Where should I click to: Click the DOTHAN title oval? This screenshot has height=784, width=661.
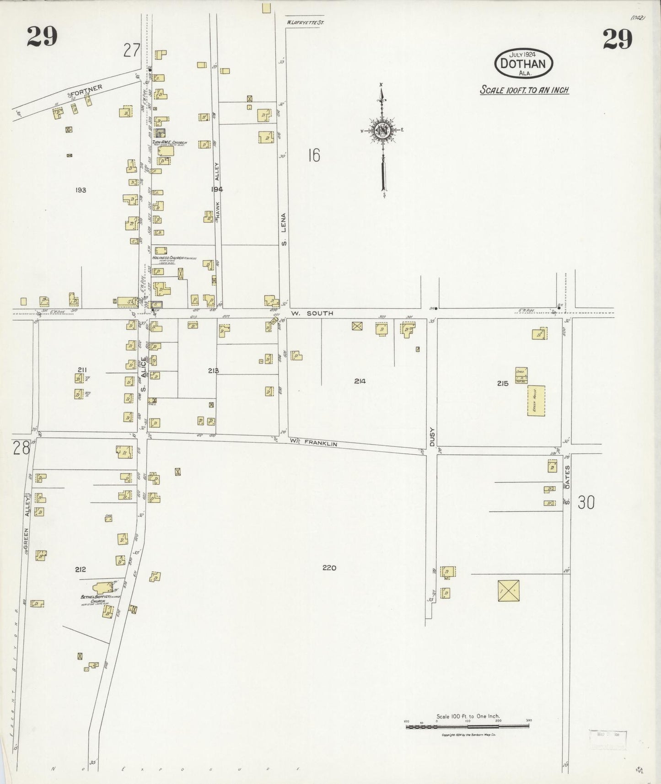(523, 63)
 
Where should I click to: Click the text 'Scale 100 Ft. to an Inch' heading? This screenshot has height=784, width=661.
(524, 90)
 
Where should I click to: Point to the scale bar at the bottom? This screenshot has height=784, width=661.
(467, 726)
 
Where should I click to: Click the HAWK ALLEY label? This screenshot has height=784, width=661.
(218, 192)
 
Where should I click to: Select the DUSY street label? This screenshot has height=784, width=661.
(431, 436)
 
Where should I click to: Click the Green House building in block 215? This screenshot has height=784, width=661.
(536, 400)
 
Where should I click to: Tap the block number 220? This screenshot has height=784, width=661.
(329, 568)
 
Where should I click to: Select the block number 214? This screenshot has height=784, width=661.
(360, 381)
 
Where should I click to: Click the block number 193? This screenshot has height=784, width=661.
(81, 189)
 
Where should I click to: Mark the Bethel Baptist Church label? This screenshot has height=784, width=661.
(100, 599)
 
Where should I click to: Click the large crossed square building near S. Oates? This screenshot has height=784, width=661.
(508, 591)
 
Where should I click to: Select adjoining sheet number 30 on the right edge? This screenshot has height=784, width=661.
(586, 503)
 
